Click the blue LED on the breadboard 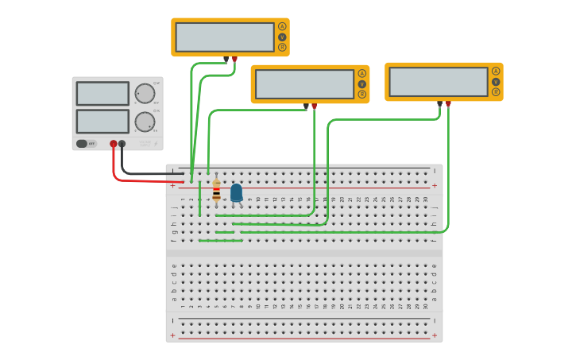236,192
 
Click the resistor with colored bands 216,191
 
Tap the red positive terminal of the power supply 114,144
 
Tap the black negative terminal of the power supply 122,144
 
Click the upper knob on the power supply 145,94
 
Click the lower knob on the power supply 145,122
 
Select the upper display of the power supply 102,94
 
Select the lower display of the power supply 102,122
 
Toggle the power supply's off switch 82,144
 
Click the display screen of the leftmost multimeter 225,37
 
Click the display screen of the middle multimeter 304,84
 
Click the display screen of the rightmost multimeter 439,82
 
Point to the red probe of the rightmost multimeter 448,104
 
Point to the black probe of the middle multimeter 306,106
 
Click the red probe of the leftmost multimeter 234,59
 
